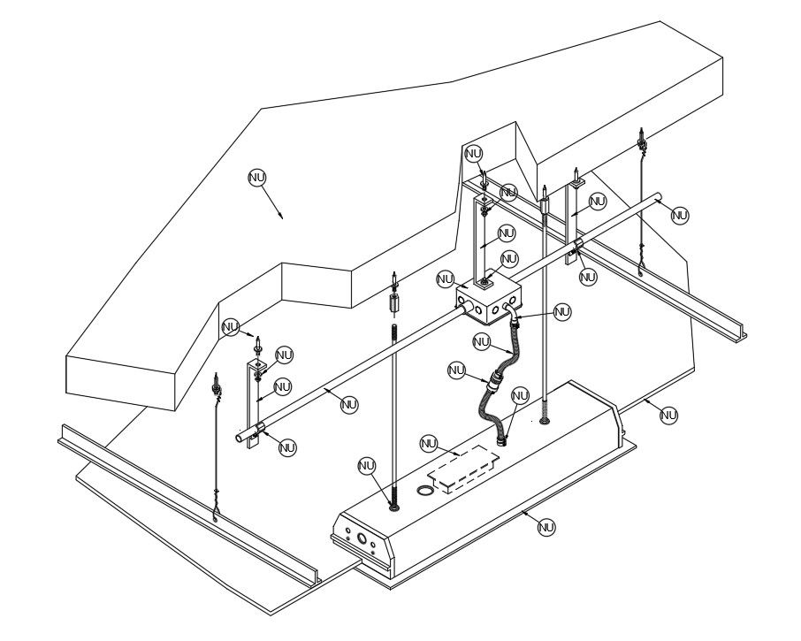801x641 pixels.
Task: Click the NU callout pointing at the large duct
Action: pos(256,178)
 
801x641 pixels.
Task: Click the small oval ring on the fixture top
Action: pos(426,489)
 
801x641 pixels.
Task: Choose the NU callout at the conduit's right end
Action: pos(679,215)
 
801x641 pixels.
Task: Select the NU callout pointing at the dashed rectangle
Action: pos(429,443)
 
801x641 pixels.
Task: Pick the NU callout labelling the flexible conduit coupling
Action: pos(456,370)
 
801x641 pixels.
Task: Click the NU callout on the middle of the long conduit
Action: pos(349,404)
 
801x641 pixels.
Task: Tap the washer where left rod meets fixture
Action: pos(393,507)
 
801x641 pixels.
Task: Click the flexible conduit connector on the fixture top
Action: pos(505,439)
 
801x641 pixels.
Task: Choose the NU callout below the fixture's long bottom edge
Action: pos(546,527)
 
